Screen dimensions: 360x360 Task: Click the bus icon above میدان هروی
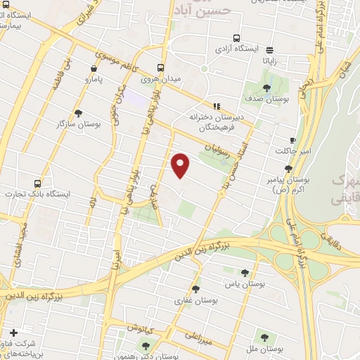pos(162,68)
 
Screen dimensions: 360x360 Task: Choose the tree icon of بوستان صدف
pos(266,88)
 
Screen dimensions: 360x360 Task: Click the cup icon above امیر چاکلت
pos(292,141)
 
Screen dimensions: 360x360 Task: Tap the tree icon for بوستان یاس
pos(245,272)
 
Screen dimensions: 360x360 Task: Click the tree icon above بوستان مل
pos(264,337)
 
